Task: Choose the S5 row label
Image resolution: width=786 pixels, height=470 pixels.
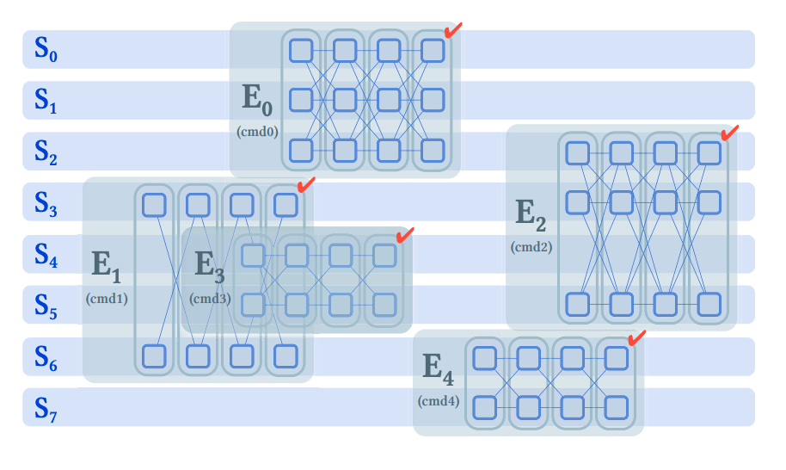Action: (46, 305)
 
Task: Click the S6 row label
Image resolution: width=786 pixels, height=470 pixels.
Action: (46, 356)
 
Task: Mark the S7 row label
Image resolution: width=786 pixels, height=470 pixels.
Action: (46, 407)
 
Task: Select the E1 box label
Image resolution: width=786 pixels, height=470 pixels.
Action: (106, 267)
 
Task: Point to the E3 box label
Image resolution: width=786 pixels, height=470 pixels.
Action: (209, 267)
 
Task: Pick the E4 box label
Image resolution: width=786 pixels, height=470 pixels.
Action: (438, 368)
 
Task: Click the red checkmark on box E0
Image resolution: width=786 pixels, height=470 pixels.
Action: (453, 31)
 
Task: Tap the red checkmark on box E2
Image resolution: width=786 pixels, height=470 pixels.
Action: (729, 133)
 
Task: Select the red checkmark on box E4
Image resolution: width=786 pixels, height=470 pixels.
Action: (636, 338)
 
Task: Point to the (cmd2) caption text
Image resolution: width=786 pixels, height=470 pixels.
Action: (531, 247)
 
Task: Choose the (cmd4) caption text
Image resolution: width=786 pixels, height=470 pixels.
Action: (439, 401)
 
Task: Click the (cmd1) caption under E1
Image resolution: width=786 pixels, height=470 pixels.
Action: (107, 299)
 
